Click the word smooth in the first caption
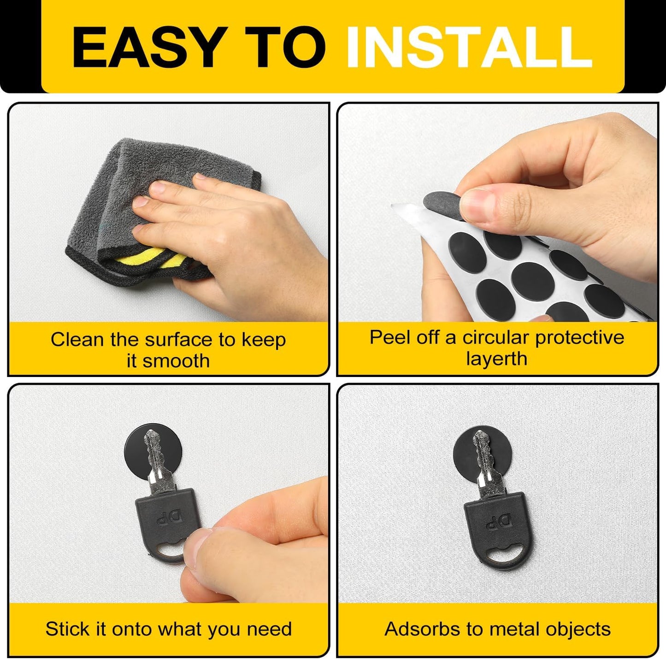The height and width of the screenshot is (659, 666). (176, 361)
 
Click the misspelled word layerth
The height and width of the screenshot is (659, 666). (497, 359)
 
